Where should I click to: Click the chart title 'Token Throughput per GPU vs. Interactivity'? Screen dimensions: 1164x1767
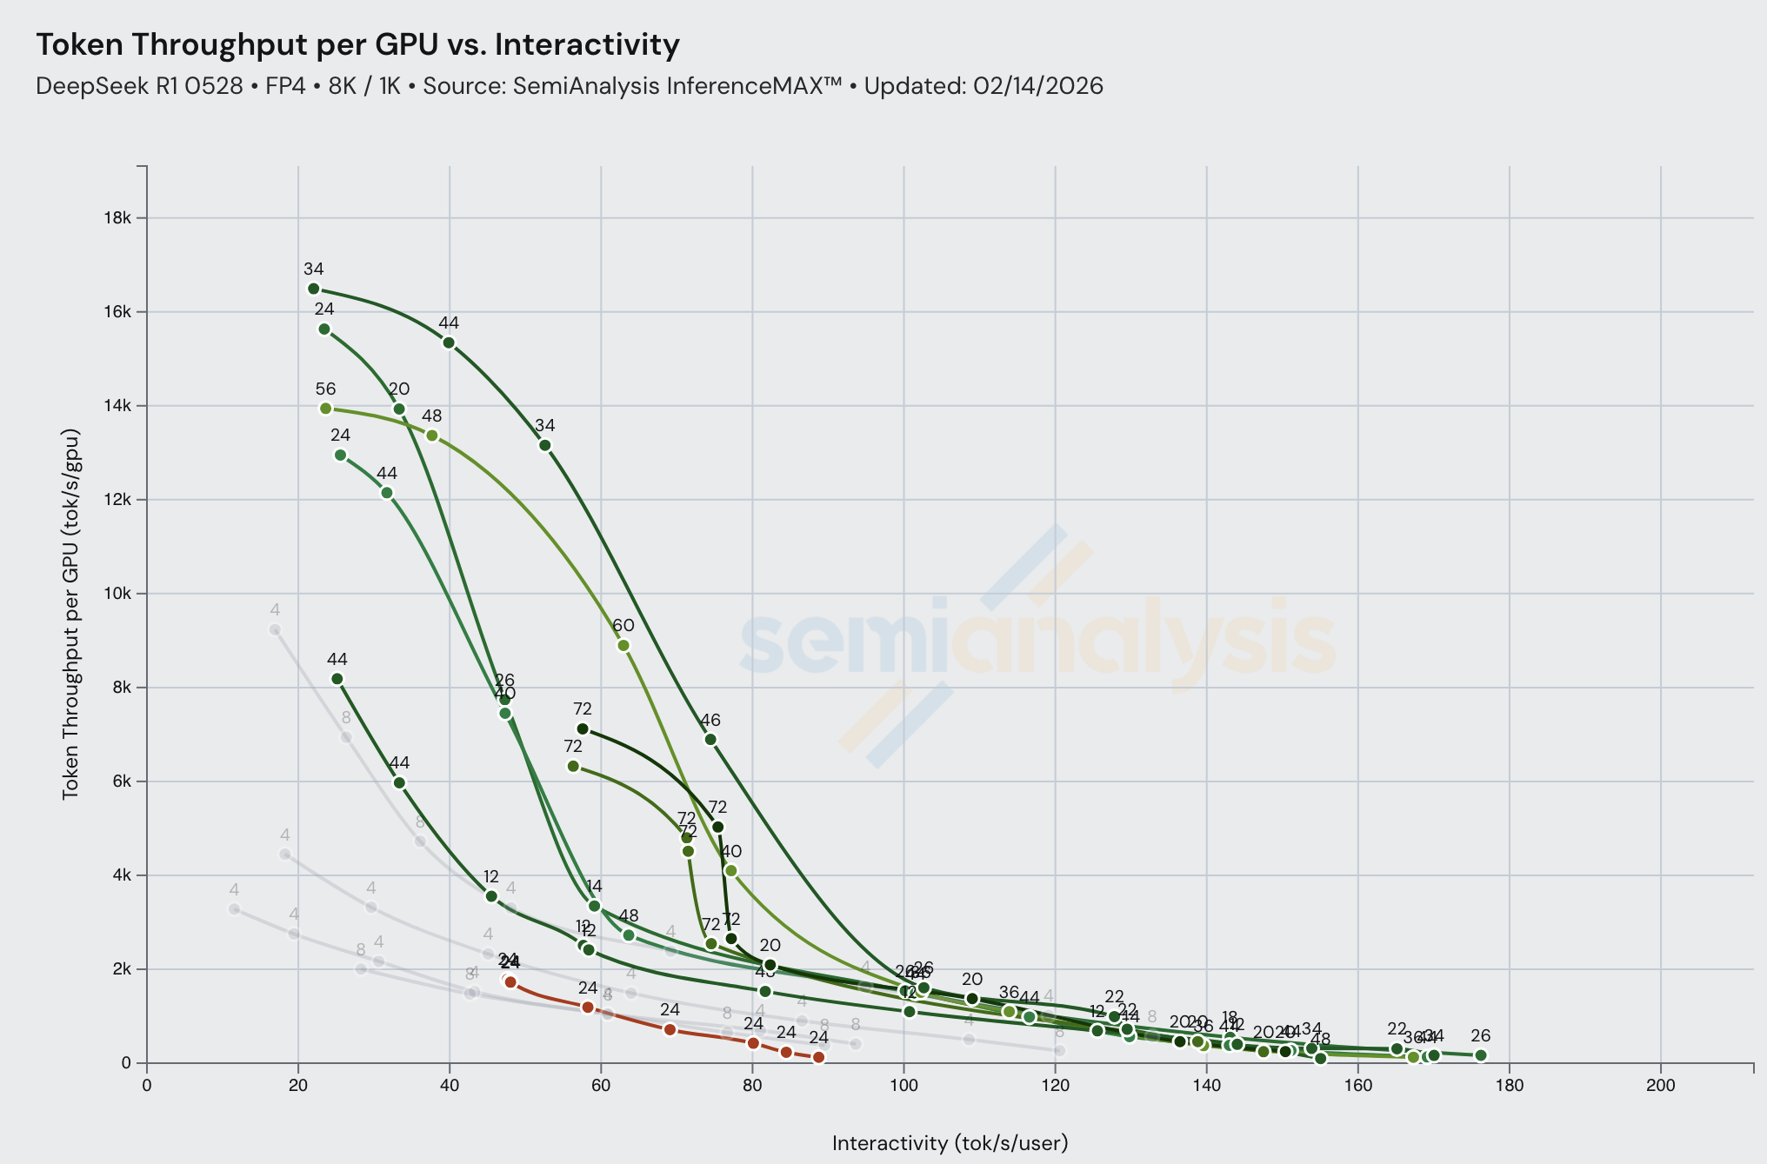tap(357, 43)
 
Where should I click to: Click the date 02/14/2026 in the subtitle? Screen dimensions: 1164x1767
tap(1038, 86)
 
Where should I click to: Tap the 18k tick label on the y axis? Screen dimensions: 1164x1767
tap(117, 217)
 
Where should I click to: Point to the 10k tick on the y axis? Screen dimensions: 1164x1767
tap(117, 594)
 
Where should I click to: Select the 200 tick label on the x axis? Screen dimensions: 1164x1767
tap(1661, 1085)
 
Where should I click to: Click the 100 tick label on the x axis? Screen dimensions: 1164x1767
tap(904, 1085)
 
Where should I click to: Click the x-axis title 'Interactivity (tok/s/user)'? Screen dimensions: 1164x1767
tap(950, 1142)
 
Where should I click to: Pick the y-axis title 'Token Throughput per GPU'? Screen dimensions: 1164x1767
tap(71, 614)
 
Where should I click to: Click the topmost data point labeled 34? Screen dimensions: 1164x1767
tap(314, 289)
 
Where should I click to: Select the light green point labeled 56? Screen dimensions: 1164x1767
tap(326, 409)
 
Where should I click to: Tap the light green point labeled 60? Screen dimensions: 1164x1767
tap(623, 645)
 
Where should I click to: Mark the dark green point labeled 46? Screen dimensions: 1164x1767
tap(710, 739)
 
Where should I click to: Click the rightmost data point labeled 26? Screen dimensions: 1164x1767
tap(1481, 1055)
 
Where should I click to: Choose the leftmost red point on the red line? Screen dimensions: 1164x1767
tap(510, 982)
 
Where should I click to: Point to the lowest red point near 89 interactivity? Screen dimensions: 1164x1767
tap(818, 1057)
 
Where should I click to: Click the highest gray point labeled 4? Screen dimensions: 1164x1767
tap(275, 629)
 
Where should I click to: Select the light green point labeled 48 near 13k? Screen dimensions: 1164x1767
tap(432, 436)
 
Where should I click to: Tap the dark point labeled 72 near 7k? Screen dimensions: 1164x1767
tap(583, 728)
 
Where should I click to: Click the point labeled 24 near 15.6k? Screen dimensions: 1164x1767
tap(324, 329)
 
